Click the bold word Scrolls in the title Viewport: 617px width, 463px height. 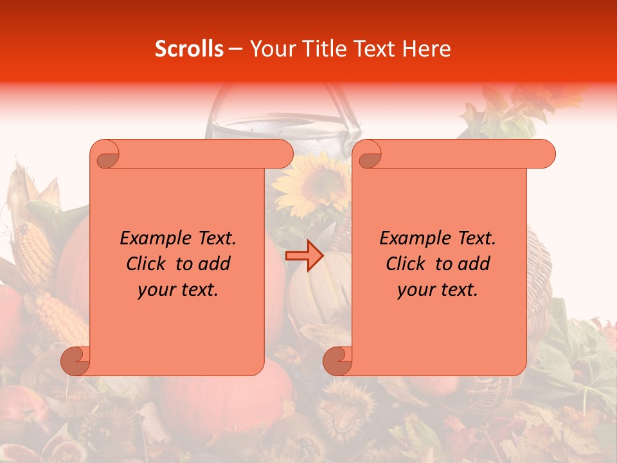coord(189,49)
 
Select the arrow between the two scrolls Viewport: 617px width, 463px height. coord(305,256)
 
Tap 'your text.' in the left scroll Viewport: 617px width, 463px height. coord(178,289)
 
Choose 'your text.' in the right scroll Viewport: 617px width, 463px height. coord(438,289)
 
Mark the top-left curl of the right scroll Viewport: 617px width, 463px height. coord(368,154)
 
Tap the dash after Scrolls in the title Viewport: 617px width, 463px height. coord(235,49)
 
